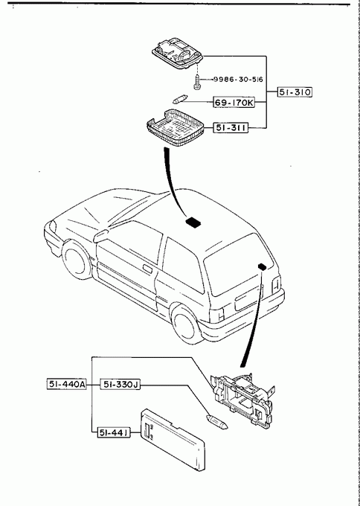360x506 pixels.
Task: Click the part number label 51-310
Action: (295, 92)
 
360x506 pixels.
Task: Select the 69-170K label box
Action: (234, 103)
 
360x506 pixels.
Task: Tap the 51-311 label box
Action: (231, 128)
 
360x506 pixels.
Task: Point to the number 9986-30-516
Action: (238, 80)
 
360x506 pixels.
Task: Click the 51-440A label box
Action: (67, 385)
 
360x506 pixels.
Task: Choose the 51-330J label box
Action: (120, 385)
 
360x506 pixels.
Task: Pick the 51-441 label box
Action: (114, 432)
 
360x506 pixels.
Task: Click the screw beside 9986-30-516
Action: (196, 82)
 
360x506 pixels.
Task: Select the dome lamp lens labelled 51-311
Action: (176, 128)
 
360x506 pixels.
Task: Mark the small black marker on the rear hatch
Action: (263, 266)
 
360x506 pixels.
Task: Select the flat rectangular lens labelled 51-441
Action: (173, 440)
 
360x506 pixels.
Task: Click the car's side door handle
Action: (148, 269)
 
